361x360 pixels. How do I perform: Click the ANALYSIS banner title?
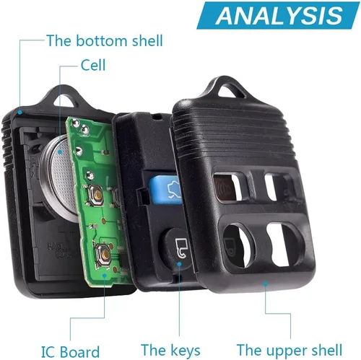point(279,16)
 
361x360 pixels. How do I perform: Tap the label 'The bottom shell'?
point(105,40)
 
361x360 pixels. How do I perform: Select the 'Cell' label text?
point(93,65)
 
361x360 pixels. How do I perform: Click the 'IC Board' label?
point(70,352)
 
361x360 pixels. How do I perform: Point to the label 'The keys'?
point(170,350)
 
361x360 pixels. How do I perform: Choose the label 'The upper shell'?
point(290,350)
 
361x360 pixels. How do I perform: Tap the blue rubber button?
point(166,190)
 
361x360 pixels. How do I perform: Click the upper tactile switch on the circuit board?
point(96,196)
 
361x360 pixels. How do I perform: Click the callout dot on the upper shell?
point(266,284)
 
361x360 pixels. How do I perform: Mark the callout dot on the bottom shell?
point(20,112)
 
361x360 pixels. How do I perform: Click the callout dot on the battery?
point(60,152)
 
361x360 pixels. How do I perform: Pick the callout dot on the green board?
point(104,275)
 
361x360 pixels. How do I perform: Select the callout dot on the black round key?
point(179,264)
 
